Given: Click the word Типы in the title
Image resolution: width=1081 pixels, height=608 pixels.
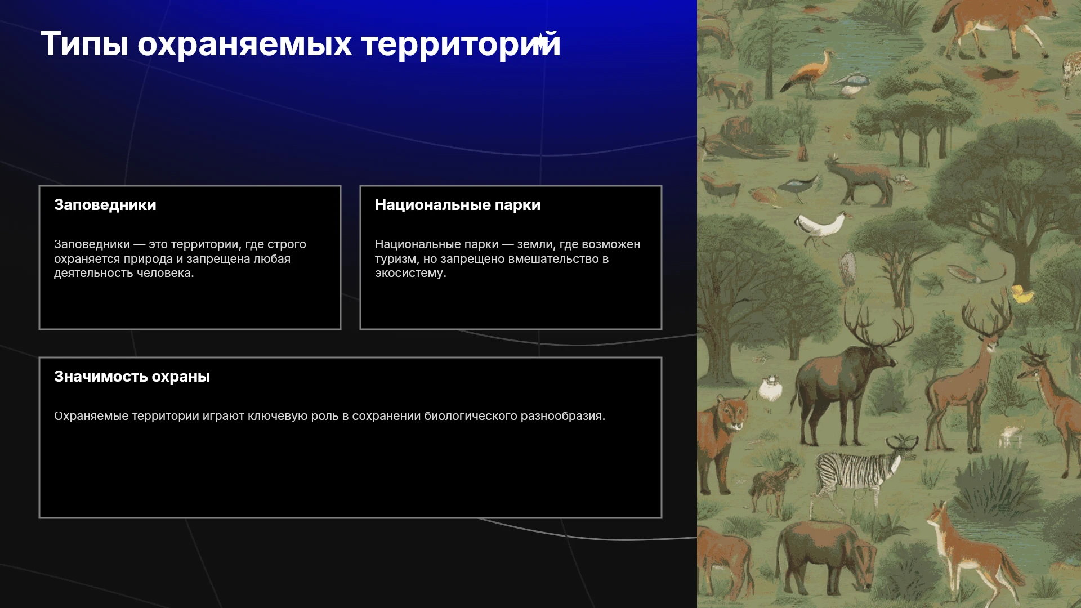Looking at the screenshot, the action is pyautogui.click(x=84, y=44).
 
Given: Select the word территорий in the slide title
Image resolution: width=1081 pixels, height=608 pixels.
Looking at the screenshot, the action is pyautogui.click(x=461, y=44).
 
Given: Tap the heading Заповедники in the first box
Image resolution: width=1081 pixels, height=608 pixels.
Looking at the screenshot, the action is pyautogui.click(x=105, y=205).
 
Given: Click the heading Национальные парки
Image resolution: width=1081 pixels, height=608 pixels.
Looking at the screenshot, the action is pyautogui.click(x=458, y=205).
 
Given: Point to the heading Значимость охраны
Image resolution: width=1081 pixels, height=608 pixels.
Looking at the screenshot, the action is pyautogui.click(x=132, y=377).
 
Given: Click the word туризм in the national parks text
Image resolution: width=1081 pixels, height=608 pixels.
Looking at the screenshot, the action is pyautogui.click(x=396, y=259).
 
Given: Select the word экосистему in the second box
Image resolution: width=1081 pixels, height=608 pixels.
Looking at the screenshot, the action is pyautogui.click(x=410, y=274).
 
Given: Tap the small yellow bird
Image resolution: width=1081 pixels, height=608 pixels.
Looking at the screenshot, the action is pyautogui.click(x=1021, y=293).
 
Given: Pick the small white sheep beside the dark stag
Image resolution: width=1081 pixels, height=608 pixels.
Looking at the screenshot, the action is pyautogui.click(x=770, y=388).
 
